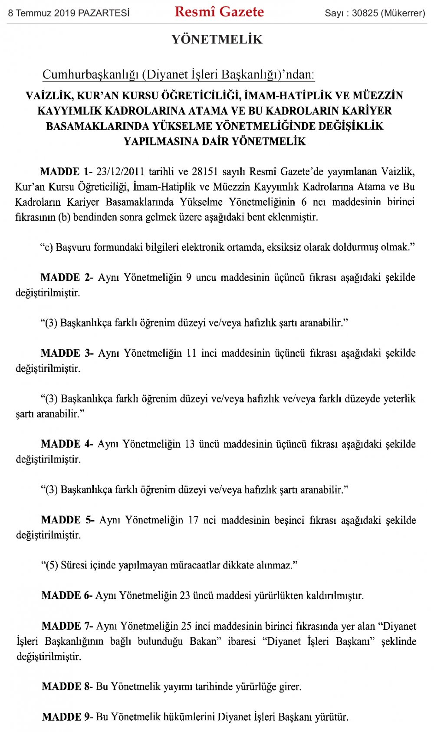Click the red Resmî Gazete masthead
coord(219,12)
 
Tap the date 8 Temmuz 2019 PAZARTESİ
coord(69,13)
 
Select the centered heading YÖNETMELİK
coord(217,39)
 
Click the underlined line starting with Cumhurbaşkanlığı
coord(178,75)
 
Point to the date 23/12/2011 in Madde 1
coord(120,171)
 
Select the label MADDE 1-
coord(66,171)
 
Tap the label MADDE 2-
coord(67,277)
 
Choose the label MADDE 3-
coord(67,353)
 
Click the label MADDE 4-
coord(67,444)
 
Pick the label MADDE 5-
coord(68,520)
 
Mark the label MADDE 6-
coord(67,595)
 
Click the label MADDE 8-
coord(67,686)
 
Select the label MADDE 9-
coord(67,717)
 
